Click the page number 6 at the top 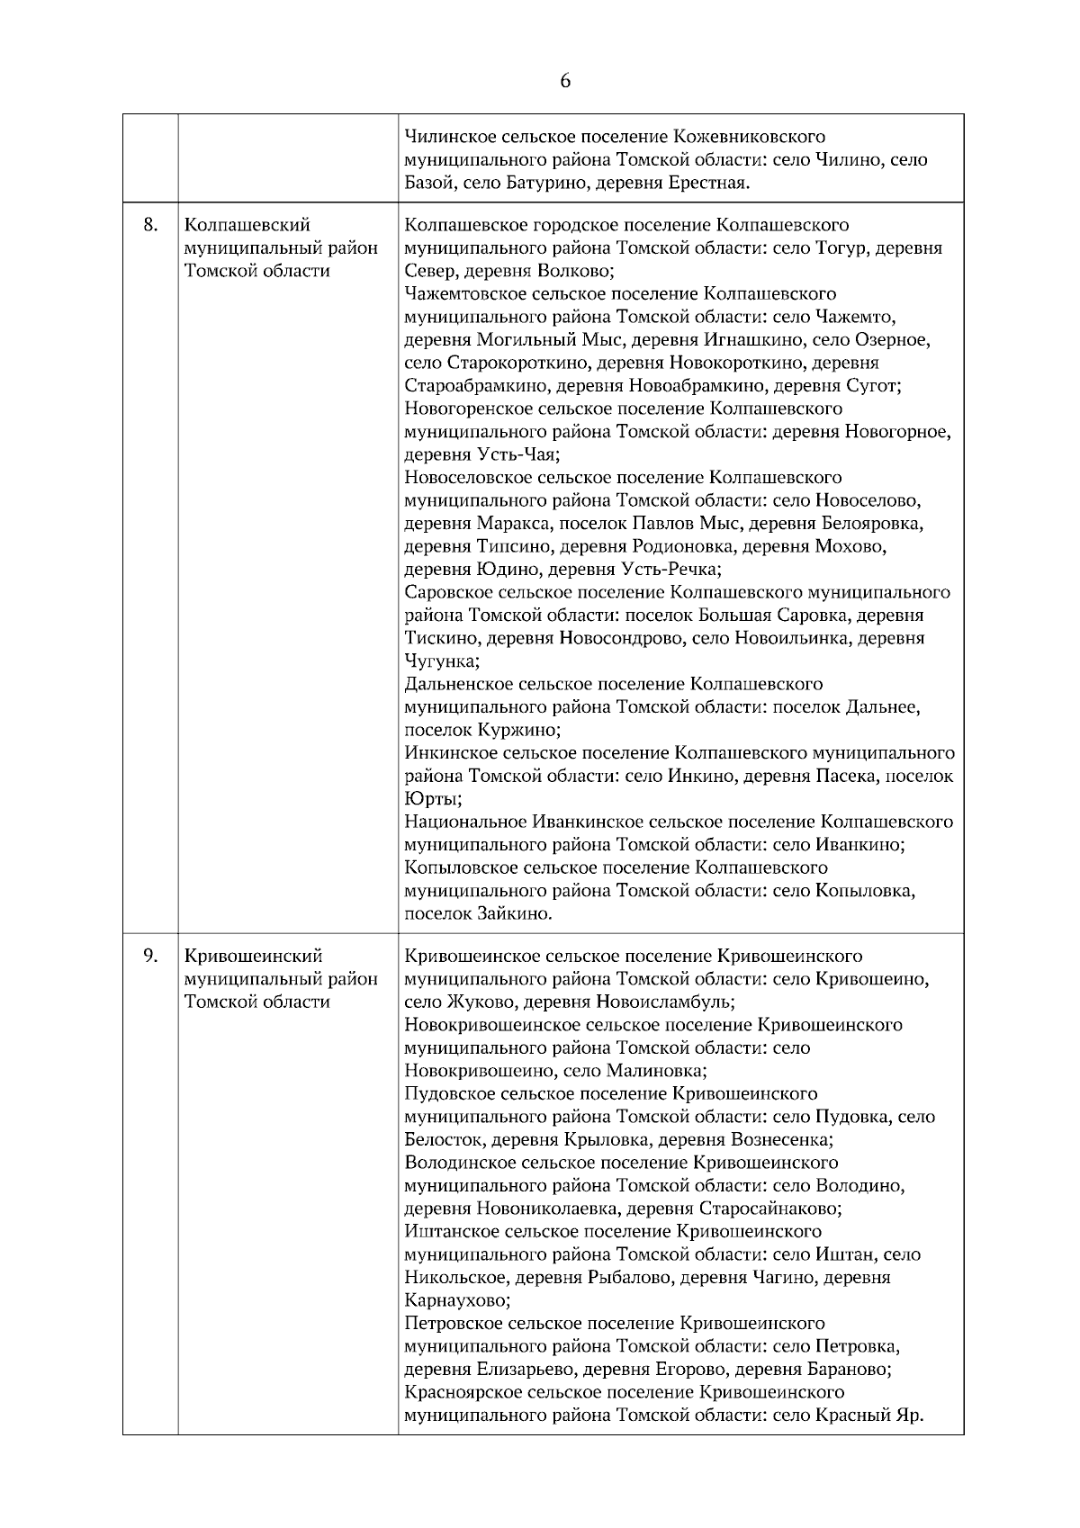(x=565, y=81)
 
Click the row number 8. (x=151, y=224)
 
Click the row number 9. (x=151, y=955)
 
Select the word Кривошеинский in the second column (x=253, y=956)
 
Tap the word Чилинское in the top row (x=447, y=137)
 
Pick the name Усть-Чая (x=519, y=454)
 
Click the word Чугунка (x=441, y=661)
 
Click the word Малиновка (x=656, y=1071)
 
